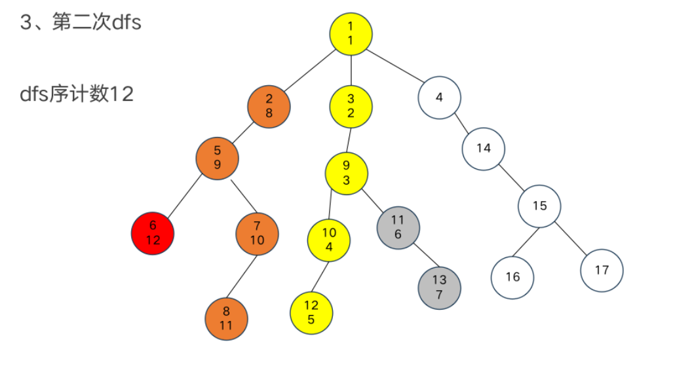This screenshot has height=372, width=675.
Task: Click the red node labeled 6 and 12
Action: pyautogui.click(x=153, y=233)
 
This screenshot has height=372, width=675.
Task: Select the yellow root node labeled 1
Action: pyautogui.click(x=351, y=33)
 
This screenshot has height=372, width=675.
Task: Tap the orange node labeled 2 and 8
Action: pyautogui.click(x=269, y=105)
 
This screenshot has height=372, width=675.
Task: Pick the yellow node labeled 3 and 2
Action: pyautogui.click(x=351, y=105)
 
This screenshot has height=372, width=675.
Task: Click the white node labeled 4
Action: pyautogui.click(x=439, y=98)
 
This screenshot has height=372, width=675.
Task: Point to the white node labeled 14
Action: pyautogui.click(x=483, y=148)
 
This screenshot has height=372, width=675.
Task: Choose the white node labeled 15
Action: pyautogui.click(x=539, y=206)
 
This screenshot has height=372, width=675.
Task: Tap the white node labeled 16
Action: pyautogui.click(x=512, y=276)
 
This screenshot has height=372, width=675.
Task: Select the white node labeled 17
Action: pyautogui.click(x=602, y=270)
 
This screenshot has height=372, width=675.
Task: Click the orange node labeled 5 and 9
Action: pyautogui.click(x=217, y=158)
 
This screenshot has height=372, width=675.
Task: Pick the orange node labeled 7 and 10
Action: pyautogui.click(x=257, y=233)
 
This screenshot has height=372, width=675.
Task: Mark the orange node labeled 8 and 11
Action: pyautogui.click(x=226, y=319)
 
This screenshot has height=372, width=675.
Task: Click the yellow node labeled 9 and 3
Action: pyautogui.click(x=347, y=173)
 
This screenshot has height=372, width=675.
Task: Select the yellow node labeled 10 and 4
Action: pyautogui.click(x=329, y=240)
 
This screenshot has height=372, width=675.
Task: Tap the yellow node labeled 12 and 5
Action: pyautogui.click(x=311, y=312)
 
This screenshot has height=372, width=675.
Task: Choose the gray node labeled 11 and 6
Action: pyautogui.click(x=398, y=227)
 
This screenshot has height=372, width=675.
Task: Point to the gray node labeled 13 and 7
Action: pyautogui.click(x=439, y=287)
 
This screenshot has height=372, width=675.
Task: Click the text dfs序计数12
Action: pyautogui.click(x=77, y=94)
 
